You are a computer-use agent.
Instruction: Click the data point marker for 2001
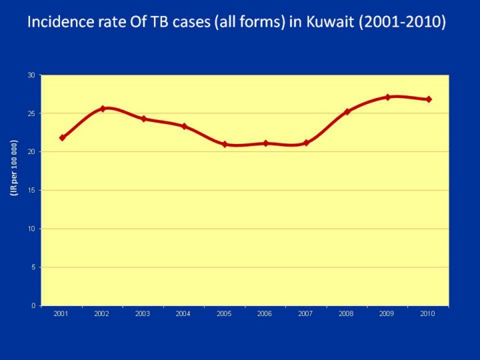click(x=62, y=137)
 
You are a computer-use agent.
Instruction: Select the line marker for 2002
click(x=103, y=108)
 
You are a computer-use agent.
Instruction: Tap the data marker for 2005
click(x=225, y=144)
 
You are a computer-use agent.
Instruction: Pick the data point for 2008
click(x=347, y=111)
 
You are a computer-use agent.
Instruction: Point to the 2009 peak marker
click(x=387, y=97)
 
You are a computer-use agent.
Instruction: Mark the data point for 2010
click(x=429, y=99)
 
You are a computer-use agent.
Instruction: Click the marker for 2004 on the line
click(x=184, y=126)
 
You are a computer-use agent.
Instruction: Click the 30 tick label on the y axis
click(x=31, y=75)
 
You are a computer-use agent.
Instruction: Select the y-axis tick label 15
click(x=31, y=190)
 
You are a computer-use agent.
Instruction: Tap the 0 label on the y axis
click(x=33, y=305)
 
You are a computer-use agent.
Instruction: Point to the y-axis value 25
click(x=31, y=113)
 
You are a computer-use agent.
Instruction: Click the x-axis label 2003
click(x=143, y=313)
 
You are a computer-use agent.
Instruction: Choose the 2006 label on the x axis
click(x=265, y=313)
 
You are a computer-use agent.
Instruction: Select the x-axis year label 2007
click(x=306, y=313)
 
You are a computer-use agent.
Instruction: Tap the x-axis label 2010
click(x=428, y=313)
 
